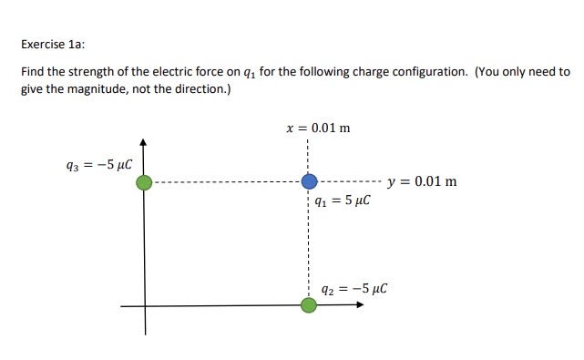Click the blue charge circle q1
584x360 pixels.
[309, 182]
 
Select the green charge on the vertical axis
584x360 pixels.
[144, 182]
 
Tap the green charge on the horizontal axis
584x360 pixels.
[309, 304]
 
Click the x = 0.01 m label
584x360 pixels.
[318, 128]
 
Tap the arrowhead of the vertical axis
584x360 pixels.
[143, 143]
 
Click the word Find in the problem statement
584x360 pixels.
[32, 71]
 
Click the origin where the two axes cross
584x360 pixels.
[144, 304]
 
